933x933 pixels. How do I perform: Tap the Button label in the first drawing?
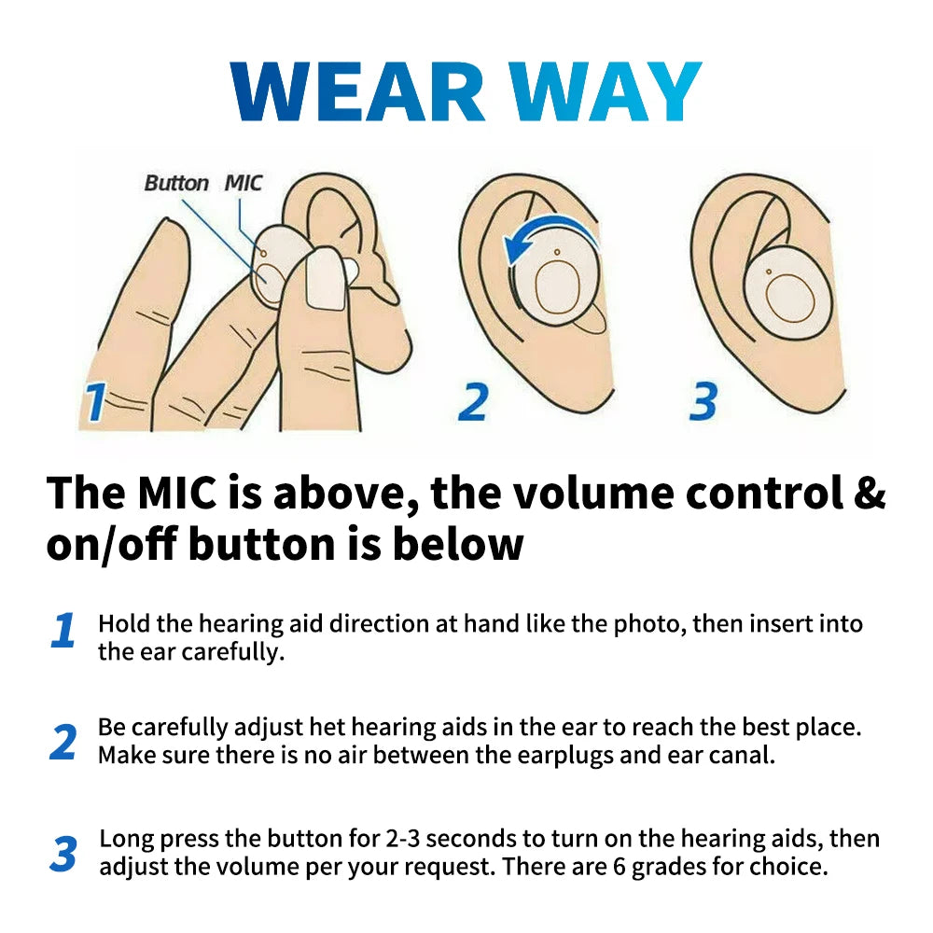click(x=176, y=183)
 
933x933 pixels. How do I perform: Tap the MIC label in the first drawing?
click(x=244, y=183)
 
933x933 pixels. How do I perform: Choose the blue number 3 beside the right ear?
click(x=703, y=401)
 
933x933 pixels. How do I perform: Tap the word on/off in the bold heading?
click(x=113, y=544)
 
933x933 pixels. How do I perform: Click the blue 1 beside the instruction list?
click(x=63, y=632)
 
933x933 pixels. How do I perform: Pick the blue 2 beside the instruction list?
click(x=63, y=742)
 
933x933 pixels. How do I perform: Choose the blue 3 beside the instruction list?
click(x=63, y=855)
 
